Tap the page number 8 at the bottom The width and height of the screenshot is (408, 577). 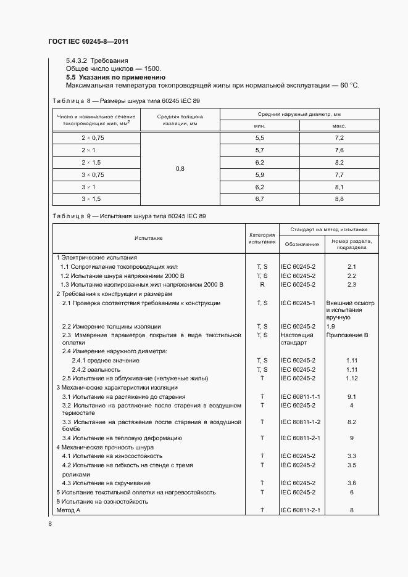(x=50, y=523)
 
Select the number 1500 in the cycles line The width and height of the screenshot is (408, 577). (x=152, y=69)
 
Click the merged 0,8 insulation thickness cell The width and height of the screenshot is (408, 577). (x=180, y=168)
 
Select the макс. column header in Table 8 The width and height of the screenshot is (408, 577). (x=339, y=125)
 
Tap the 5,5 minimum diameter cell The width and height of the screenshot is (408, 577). (x=259, y=137)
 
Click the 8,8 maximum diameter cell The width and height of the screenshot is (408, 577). (x=339, y=199)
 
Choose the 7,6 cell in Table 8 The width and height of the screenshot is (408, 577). (x=339, y=150)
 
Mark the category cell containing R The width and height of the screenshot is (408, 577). (x=262, y=285)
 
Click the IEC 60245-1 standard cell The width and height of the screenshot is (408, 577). (x=298, y=303)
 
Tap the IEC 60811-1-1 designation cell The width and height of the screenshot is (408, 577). (x=300, y=397)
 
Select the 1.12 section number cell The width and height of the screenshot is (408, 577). (x=351, y=378)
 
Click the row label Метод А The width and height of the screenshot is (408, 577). (x=69, y=510)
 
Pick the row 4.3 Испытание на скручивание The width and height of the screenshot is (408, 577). (x=106, y=483)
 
